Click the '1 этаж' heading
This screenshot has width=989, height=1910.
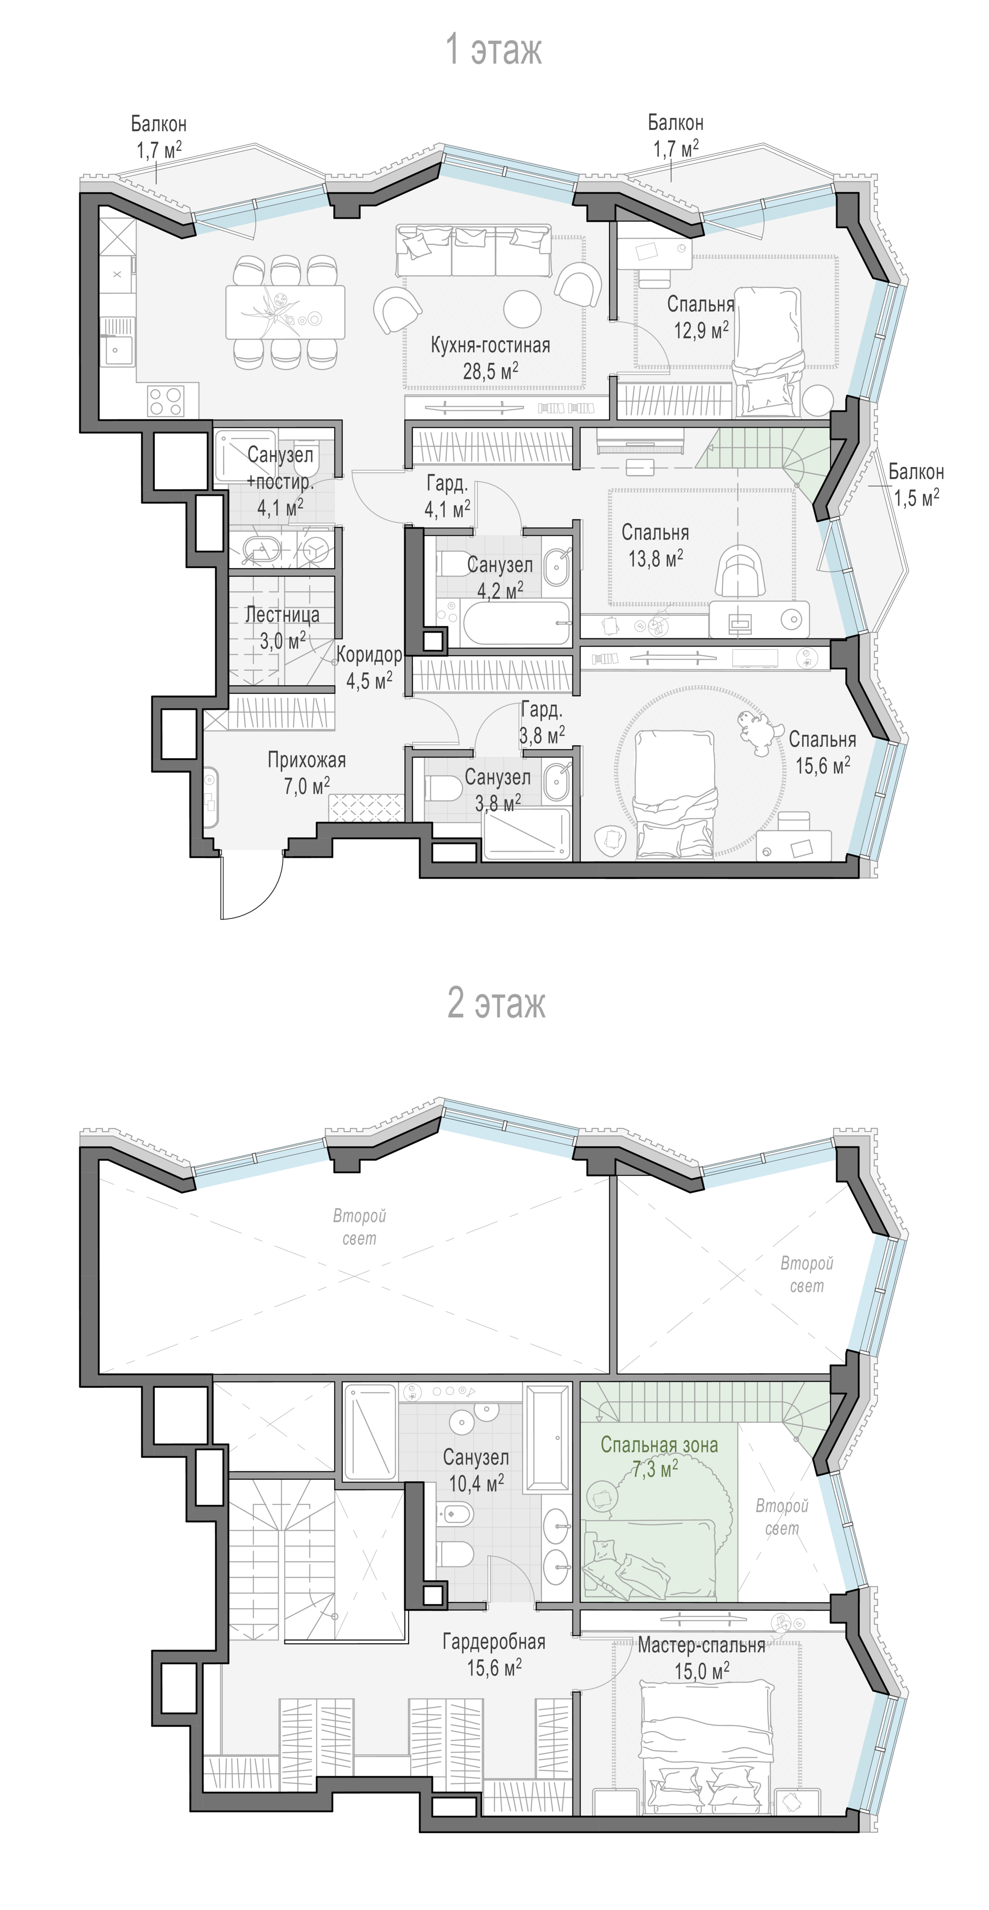493,50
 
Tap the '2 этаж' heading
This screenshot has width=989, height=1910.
496,1003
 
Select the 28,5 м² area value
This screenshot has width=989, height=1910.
490,371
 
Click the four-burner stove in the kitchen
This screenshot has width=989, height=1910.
166,401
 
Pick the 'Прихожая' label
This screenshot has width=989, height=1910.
306,760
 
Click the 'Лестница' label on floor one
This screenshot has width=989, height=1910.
283,615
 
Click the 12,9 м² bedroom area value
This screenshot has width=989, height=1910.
701,329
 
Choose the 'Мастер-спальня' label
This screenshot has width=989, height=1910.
701,1645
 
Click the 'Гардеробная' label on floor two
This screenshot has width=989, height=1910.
494,1642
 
